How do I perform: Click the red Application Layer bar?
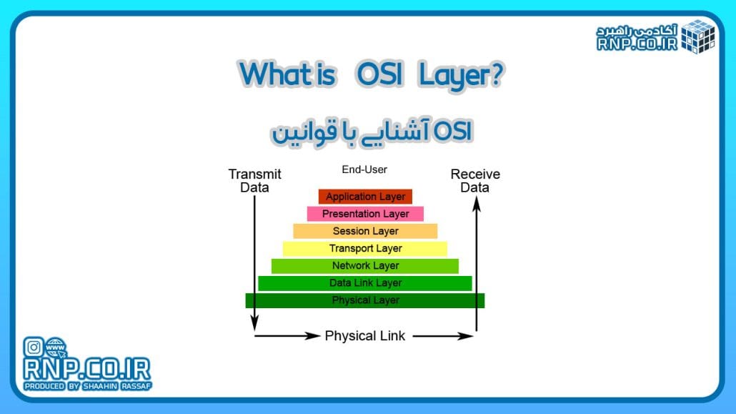[x=365, y=197]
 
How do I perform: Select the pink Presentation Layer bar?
[x=365, y=214]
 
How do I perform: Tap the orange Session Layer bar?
[x=365, y=231]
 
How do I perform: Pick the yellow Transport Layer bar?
[x=365, y=248]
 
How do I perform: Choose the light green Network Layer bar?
[x=365, y=266]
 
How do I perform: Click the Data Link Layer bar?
[x=365, y=283]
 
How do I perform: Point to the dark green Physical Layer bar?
[x=365, y=300]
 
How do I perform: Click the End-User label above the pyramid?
[x=364, y=170]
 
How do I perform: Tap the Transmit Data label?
[x=254, y=181]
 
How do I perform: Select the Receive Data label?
[x=475, y=181]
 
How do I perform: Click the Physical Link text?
[x=364, y=335]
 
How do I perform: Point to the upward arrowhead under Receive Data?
[x=477, y=204]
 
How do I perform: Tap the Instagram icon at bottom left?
[x=34, y=348]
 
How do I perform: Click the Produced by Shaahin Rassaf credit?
[x=88, y=386]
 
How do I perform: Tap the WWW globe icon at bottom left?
[x=55, y=348]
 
